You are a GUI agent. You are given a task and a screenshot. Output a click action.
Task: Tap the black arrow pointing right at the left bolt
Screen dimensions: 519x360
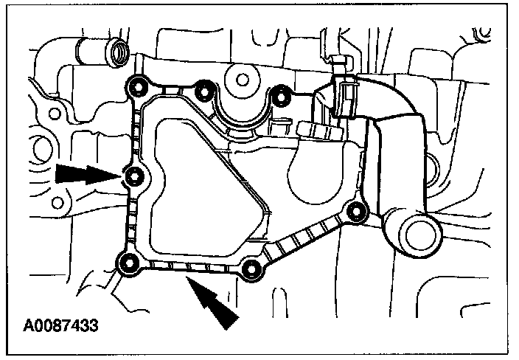pyautogui.click(x=85, y=174)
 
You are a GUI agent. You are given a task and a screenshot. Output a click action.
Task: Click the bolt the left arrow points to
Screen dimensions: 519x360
pyautogui.click(x=134, y=176)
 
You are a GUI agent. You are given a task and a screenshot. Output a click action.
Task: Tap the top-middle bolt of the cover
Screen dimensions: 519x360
pyautogui.click(x=204, y=90)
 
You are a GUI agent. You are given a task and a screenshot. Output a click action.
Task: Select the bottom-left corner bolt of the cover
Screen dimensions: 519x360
pyautogui.click(x=129, y=263)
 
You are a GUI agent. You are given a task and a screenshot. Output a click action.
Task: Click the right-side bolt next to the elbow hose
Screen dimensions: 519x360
pyautogui.click(x=357, y=212)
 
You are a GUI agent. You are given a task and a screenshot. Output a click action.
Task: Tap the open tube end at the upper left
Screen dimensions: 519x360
pyautogui.click(x=116, y=52)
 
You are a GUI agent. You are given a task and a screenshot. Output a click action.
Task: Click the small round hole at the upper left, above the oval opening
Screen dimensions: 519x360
pyautogui.click(x=55, y=114)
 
